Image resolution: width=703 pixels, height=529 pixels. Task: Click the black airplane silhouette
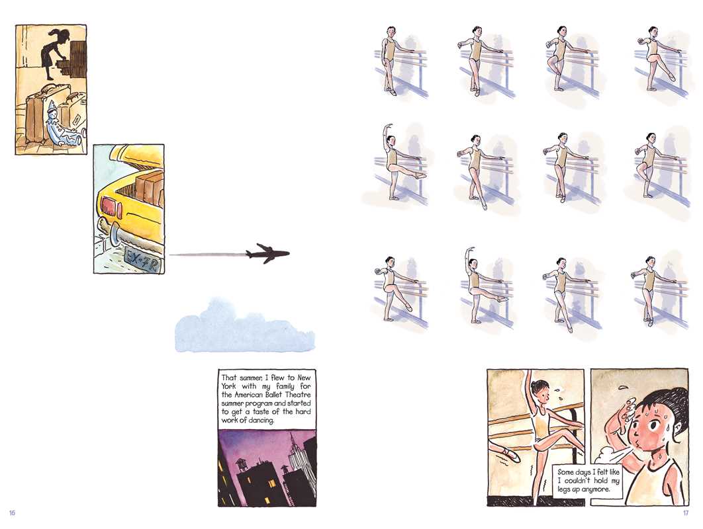tap(267, 253)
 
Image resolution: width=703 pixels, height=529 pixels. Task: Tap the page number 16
tap(12, 512)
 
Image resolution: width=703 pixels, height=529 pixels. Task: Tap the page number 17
tap(686, 513)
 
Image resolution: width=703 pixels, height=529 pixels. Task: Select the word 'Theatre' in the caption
tap(299, 395)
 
